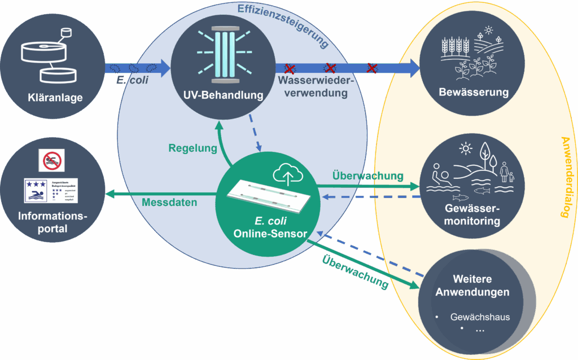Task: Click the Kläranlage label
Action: coord(55,98)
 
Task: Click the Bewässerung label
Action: coord(474,93)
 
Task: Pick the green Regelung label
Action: coord(192,149)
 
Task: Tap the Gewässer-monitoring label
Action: coord(472,214)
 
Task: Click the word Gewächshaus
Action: coord(480,317)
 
